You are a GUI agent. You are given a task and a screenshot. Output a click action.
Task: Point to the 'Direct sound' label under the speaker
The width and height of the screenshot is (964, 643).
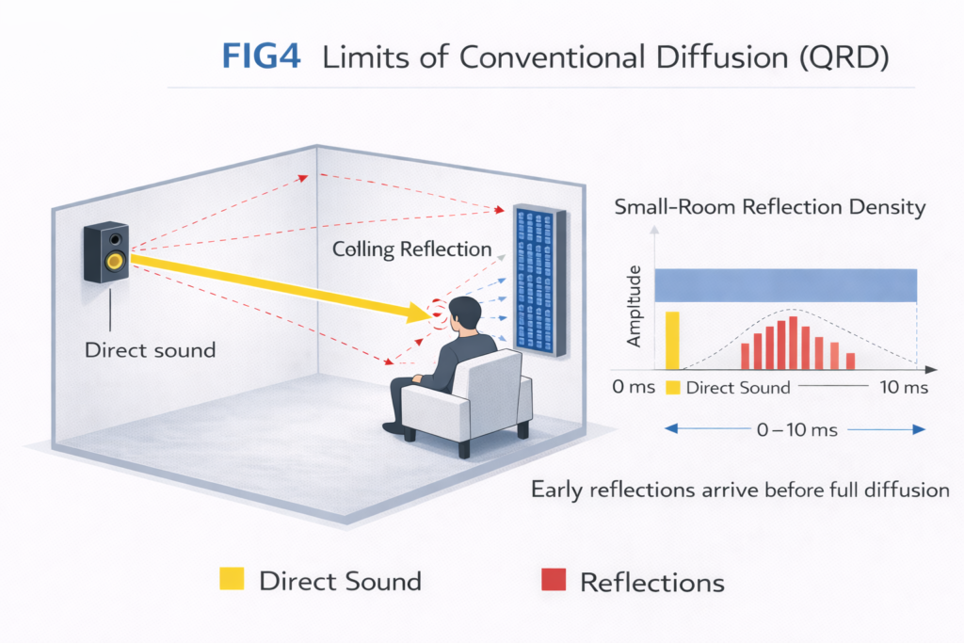[150, 350]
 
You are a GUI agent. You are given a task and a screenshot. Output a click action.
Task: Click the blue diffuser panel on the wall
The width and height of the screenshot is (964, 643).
[539, 281]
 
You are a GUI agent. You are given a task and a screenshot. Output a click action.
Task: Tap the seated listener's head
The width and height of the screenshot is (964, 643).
[461, 315]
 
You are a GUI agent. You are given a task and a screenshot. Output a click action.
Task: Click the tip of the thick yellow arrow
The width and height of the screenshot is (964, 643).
[428, 313]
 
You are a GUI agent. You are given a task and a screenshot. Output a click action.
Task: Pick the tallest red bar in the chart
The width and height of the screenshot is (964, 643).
[793, 343]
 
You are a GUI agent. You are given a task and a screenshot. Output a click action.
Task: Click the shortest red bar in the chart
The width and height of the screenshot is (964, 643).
[850, 361]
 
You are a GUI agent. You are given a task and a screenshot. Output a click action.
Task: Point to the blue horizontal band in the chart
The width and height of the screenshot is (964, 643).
[786, 284]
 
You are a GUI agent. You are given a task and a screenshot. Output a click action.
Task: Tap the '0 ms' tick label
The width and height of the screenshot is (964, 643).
[633, 388]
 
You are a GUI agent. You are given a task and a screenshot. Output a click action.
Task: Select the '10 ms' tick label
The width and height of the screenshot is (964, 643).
[902, 388]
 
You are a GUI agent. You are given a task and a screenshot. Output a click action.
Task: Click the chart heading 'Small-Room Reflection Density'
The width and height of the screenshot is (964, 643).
[770, 208]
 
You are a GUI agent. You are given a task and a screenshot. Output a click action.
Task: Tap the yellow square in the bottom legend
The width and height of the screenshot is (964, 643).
[231, 579]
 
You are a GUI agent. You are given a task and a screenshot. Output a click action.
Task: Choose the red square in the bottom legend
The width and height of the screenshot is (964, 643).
[554, 581]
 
